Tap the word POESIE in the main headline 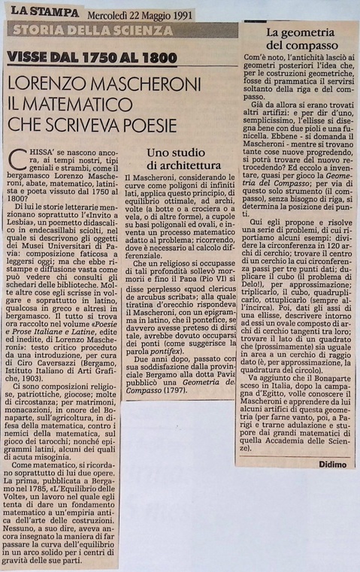(146, 125)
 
